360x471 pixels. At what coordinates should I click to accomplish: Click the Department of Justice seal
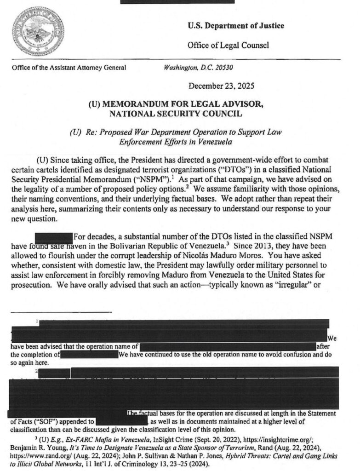38,32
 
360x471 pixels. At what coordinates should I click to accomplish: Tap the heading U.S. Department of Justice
236,26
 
